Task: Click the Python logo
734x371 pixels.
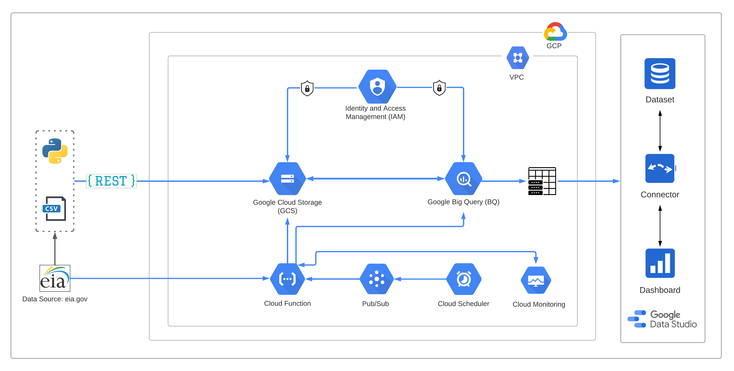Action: pyautogui.click(x=55, y=151)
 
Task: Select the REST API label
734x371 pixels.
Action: pyautogui.click(x=111, y=181)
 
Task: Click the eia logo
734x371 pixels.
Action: pyautogui.click(x=55, y=278)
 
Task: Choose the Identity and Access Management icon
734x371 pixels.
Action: pyautogui.click(x=377, y=87)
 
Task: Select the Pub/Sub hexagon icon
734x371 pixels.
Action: pyautogui.click(x=376, y=279)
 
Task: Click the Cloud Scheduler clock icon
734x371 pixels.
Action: pyautogui.click(x=464, y=279)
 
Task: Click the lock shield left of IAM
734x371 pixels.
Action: pyautogui.click(x=307, y=88)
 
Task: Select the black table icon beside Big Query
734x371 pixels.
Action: pyautogui.click(x=542, y=181)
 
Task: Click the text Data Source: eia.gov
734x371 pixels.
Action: pyautogui.click(x=55, y=299)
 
